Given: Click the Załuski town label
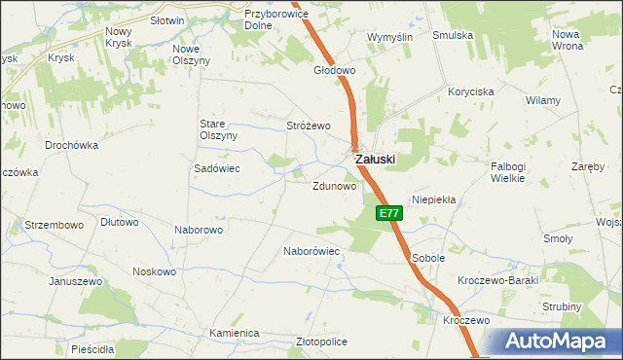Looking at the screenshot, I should click(374, 159).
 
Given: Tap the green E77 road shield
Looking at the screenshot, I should click(388, 213).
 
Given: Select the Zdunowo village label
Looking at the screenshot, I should click(333, 185).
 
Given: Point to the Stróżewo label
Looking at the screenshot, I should click(309, 126).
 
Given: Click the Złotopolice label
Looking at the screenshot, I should click(321, 342).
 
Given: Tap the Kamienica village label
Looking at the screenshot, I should click(234, 333).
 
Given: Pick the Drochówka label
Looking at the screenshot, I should click(72, 145).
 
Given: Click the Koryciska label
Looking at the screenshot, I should click(471, 90).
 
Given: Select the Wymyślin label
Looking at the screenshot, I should click(389, 36).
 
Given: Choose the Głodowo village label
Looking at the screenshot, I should click(334, 71).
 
